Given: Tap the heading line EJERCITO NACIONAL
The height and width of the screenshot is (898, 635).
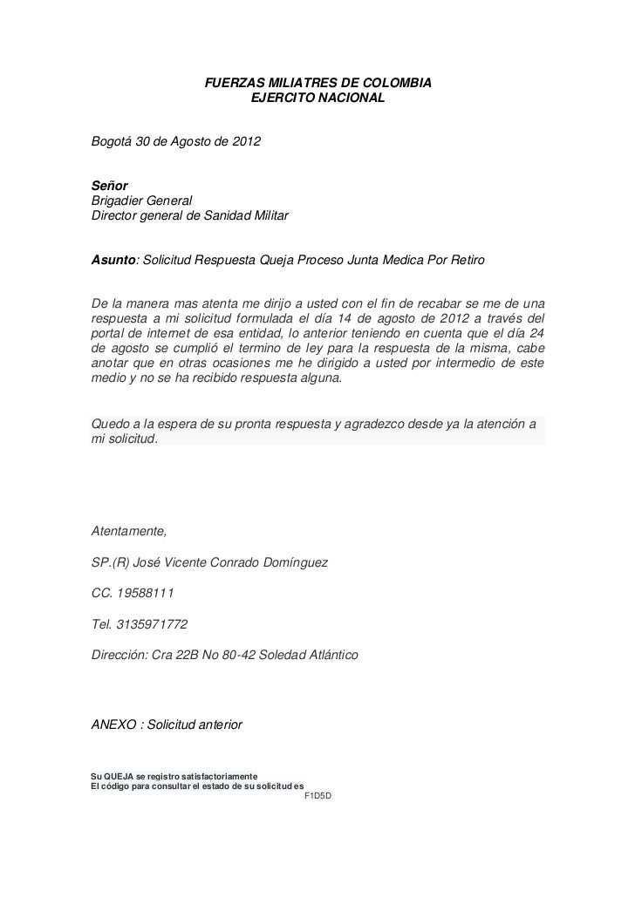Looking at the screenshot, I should pyautogui.click(x=317, y=99).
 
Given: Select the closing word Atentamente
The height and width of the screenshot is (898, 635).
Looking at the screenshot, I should pyautogui.click(x=129, y=532).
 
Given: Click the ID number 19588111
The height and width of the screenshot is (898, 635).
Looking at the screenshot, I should pyautogui.click(x=145, y=594).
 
